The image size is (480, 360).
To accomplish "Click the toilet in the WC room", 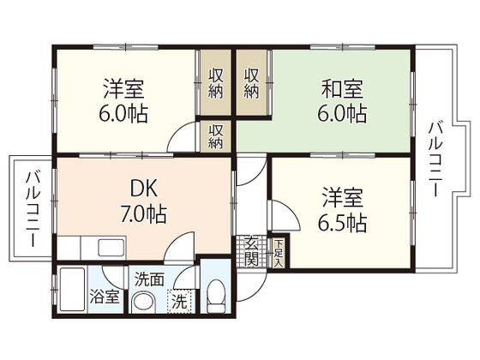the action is [x=216, y=297].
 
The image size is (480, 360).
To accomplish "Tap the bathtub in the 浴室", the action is [x=72, y=290].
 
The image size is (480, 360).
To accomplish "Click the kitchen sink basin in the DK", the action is [x=111, y=248].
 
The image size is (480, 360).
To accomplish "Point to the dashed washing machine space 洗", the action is [x=179, y=302].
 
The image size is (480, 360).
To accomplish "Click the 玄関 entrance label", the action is [x=253, y=251].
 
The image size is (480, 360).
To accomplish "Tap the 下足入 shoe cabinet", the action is [x=279, y=254].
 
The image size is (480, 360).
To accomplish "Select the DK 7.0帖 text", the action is [x=144, y=201].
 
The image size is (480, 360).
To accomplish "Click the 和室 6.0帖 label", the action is [x=342, y=100].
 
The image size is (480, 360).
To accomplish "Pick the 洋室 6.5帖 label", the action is [x=342, y=210].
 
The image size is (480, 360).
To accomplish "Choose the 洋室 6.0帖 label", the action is [x=123, y=100].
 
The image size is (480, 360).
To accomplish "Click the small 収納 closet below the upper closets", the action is [x=215, y=135].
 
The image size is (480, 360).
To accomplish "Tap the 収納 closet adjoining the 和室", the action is [x=252, y=83].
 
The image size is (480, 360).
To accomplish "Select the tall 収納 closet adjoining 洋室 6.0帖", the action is [x=215, y=83].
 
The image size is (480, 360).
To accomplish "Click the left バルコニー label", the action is [x=33, y=209].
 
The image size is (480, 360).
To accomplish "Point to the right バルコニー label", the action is [x=435, y=159].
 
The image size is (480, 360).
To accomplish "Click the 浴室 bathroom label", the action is [x=105, y=297].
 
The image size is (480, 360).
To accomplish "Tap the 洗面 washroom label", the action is [x=149, y=279].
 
